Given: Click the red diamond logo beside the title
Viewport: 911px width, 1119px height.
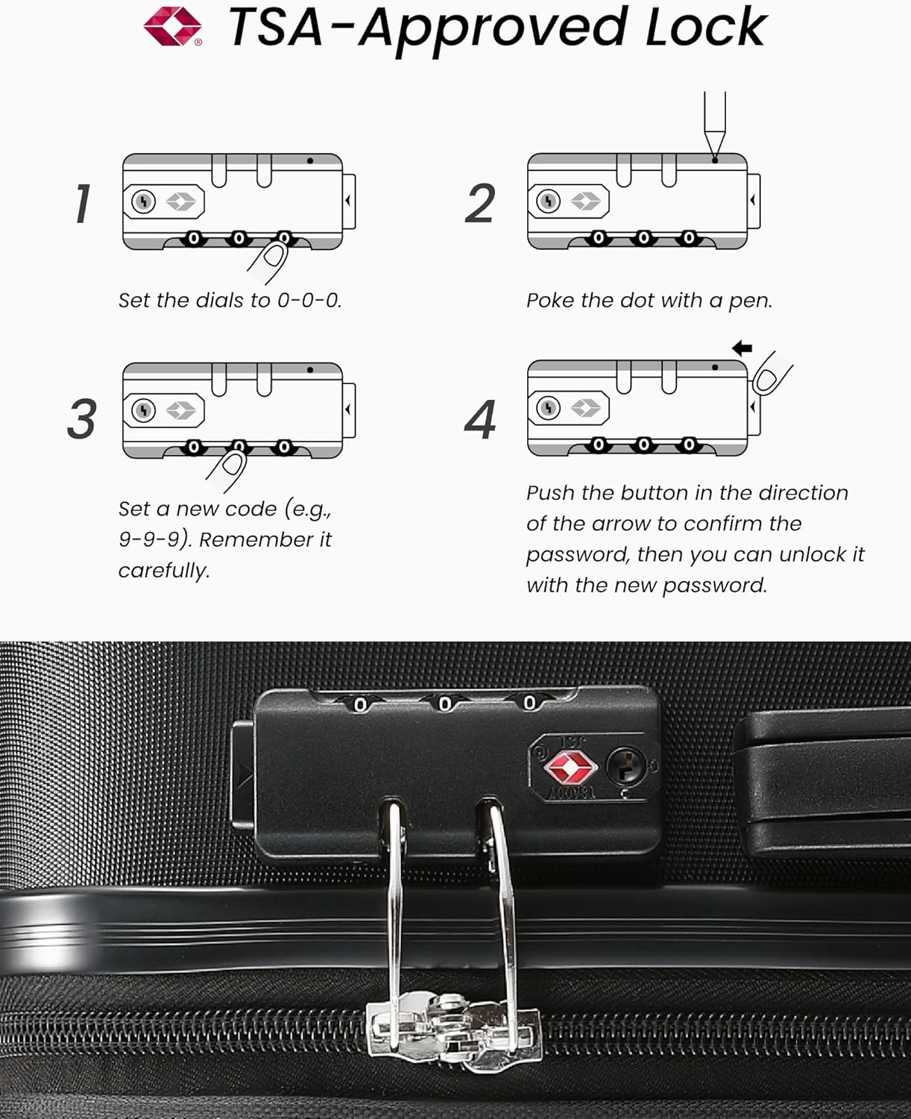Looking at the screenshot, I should (173, 27).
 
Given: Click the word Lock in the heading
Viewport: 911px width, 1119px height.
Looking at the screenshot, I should (705, 28).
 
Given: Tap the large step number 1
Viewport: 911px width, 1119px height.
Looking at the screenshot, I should (83, 204).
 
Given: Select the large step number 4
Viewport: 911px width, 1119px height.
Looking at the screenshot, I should (480, 420).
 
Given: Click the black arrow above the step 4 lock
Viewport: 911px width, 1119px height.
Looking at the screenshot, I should (742, 348).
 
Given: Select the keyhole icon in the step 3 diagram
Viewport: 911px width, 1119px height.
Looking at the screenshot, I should (143, 410).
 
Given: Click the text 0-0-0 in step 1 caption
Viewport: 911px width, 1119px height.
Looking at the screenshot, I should (309, 301).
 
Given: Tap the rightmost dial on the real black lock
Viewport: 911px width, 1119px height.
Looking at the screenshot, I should (529, 703).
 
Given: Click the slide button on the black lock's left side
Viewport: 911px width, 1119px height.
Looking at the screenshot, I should (242, 776).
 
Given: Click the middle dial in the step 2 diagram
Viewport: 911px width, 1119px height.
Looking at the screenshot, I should (643, 238).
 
